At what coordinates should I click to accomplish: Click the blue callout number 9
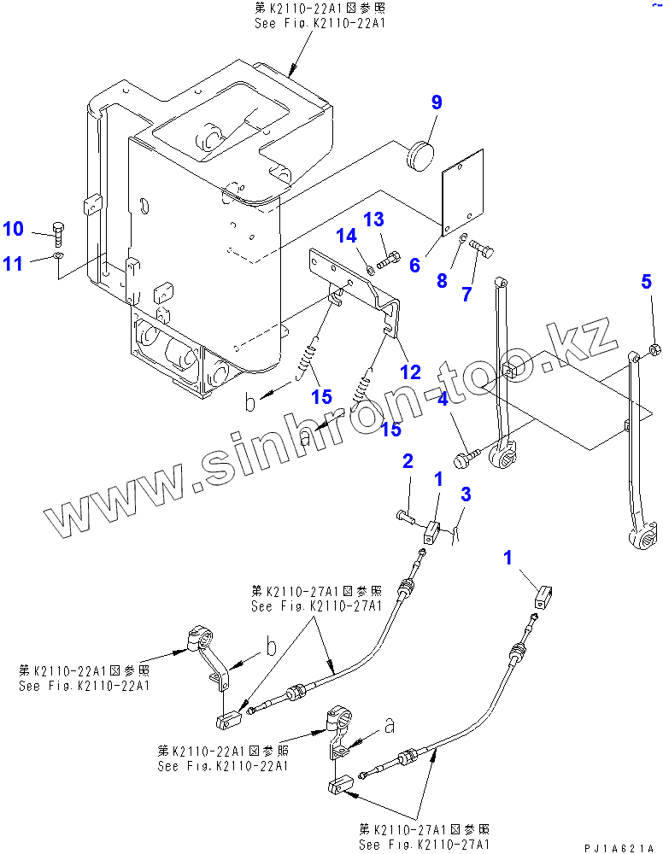coord(437,103)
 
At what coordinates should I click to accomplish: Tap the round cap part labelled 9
coord(418,156)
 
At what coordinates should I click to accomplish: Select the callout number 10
coord(13,229)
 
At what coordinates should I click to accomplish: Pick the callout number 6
coord(414,266)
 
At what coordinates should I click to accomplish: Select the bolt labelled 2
coord(405,516)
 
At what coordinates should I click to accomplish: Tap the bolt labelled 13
coord(390,257)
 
